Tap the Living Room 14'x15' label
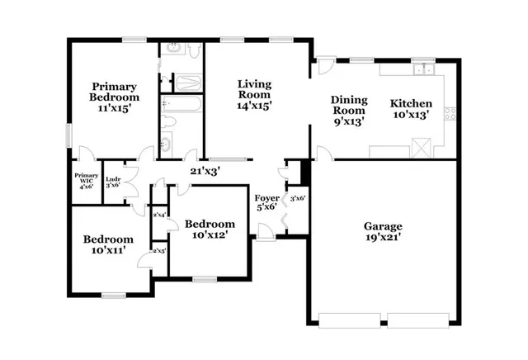(x=254, y=94)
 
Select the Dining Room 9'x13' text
(x=347, y=110)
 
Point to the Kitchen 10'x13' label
(x=410, y=109)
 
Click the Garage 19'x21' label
(x=383, y=232)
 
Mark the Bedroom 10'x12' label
(x=209, y=229)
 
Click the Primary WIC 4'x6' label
(x=86, y=181)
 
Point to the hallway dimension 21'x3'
(x=204, y=171)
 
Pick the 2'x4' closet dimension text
(x=159, y=215)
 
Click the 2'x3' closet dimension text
(x=159, y=249)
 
